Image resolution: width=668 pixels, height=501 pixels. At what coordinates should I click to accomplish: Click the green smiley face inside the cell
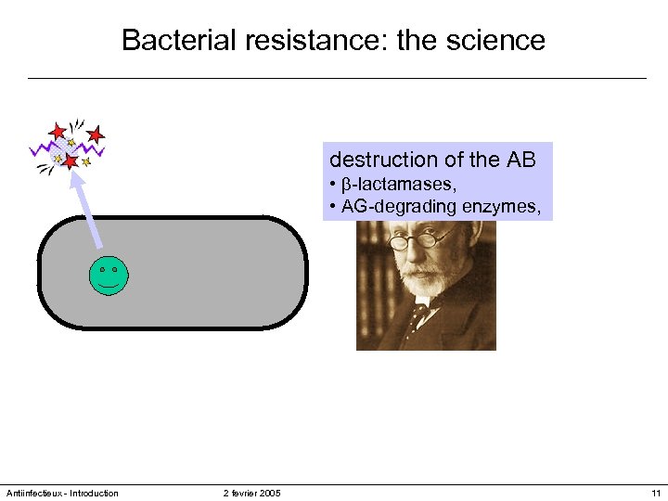(x=109, y=276)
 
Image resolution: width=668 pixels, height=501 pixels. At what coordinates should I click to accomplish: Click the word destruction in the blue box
(x=383, y=160)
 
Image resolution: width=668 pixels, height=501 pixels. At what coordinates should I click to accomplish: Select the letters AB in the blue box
(x=520, y=160)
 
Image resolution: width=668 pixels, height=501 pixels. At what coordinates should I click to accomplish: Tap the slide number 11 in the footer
(x=656, y=493)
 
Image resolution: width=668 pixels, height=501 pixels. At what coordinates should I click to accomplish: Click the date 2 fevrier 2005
(x=251, y=493)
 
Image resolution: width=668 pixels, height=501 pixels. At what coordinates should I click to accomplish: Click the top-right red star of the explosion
(x=96, y=135)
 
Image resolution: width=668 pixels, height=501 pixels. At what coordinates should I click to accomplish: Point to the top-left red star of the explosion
(x=58, y=132)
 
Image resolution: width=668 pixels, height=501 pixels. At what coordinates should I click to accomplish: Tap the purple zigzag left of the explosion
(x=42, y=148)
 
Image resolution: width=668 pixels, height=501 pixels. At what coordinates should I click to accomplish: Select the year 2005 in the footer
(x=269, y=493)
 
